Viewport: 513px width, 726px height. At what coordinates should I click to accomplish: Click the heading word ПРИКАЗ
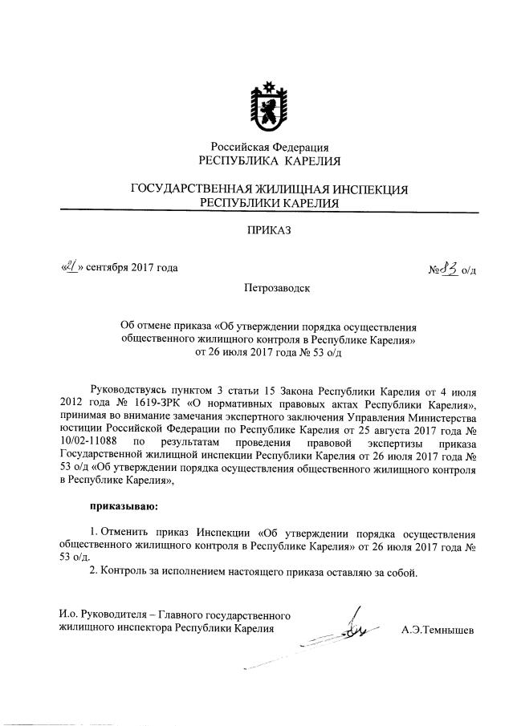269,231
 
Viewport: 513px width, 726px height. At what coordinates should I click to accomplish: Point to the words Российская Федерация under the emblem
269,147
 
